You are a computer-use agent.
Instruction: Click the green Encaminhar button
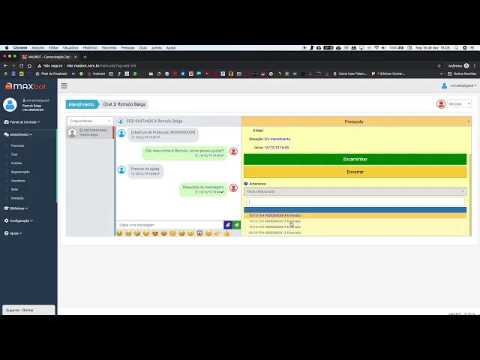coord(355,159)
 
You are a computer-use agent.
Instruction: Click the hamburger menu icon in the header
coord(64,85)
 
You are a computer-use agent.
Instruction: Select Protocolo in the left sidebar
coord(18,145)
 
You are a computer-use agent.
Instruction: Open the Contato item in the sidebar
coord(16,163)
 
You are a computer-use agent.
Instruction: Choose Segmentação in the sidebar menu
coord(20,172)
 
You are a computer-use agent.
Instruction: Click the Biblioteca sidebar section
coord(18,208)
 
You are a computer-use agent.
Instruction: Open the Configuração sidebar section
coord(20,220)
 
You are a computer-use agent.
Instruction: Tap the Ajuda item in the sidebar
coord(14,233)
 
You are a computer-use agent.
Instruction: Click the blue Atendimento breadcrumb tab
coord(81,104)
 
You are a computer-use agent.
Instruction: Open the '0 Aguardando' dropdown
coord(89,121)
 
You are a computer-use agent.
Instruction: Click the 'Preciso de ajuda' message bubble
coord(145,170)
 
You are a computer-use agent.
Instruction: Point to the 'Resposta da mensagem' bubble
coord(202,189)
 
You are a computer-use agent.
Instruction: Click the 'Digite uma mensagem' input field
coord(169,225)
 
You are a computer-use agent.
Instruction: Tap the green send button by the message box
coord(236,225)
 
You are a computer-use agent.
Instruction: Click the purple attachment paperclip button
coord(227,225)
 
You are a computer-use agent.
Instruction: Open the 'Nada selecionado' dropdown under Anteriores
coord(355,191)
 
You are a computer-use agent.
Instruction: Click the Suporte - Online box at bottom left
coord(28,310)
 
